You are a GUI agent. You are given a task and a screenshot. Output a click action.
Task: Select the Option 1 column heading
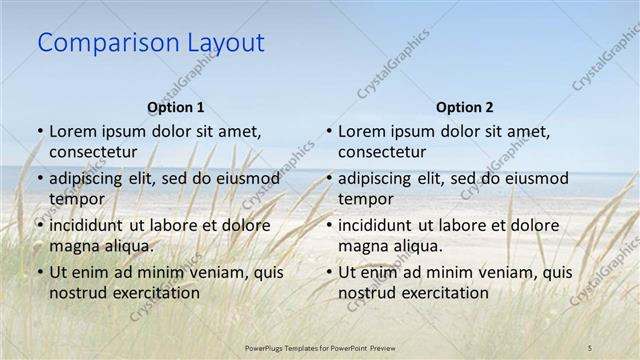tap(175, 107)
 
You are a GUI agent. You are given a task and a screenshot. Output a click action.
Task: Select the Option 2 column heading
tap(464, 107)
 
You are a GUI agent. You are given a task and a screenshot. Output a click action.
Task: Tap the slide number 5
tap(590, 346)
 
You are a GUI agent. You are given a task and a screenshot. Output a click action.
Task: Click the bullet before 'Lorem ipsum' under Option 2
tap(329, 132)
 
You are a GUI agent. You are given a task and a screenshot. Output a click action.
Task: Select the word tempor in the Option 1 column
tap(77, 199)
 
